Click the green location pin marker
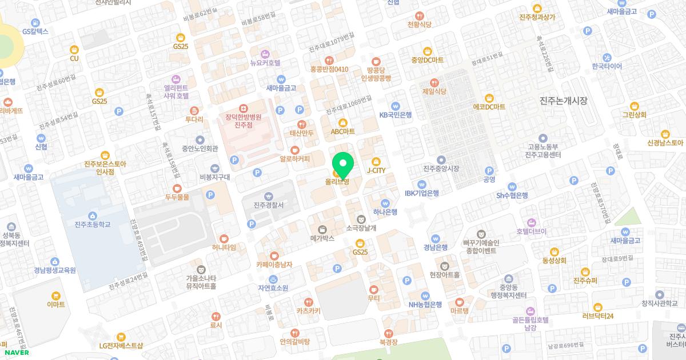pyautogui.click(x=343, y=164)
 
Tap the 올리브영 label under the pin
pyautogui.click(x=337, y=182)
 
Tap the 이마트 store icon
pyautogui.click(x=56, y=295)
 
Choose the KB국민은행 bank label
pyautogui.click(x=396, y=115)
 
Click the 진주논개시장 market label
pyautogui.click(x=563, y=101)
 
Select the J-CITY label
pyautogui.click(x=376, y=170)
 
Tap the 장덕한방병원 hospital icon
pyautogui.click(x=244, y=107)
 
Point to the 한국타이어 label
pyautogui.click(x=607, y=66)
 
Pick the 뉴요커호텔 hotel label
pyautogui.click(x=265, y=62)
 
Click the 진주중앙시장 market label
pyautogui.click(x=441, y=169)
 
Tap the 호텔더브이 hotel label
pyautogui.click(x=531, y=231)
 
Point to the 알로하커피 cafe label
pyautogui.click(x=294, y=159)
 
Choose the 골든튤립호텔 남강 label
pyautogui.click(x=531, y=325)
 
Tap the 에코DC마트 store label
pyautogui.click(x=489, y=107)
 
